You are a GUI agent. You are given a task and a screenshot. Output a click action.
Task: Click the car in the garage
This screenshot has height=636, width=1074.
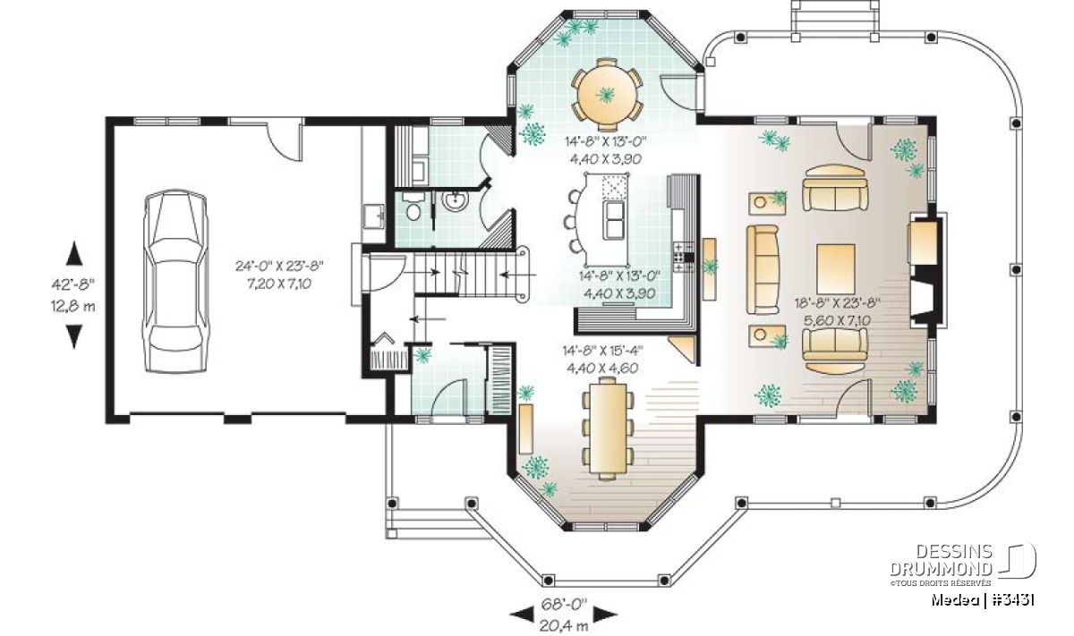(175, 281)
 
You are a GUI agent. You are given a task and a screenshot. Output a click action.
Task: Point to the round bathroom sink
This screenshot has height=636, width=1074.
(455, 200)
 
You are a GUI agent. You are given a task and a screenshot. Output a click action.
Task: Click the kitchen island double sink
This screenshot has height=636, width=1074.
(614, 220)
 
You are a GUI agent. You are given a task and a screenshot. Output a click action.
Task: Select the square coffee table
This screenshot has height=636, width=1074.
(836, 269)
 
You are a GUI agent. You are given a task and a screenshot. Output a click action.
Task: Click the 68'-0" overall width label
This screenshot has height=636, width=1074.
(565, 605)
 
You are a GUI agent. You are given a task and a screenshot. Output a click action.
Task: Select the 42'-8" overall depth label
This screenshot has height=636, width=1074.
(73, 284)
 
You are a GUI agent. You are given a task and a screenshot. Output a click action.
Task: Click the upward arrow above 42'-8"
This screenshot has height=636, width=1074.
(73, 253)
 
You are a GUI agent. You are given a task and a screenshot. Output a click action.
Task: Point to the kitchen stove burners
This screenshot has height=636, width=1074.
(684, 258)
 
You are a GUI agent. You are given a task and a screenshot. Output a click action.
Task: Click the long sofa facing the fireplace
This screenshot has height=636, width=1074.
(763, 270)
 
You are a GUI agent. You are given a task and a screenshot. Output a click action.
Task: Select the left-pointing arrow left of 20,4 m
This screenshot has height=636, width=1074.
(521, 614)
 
